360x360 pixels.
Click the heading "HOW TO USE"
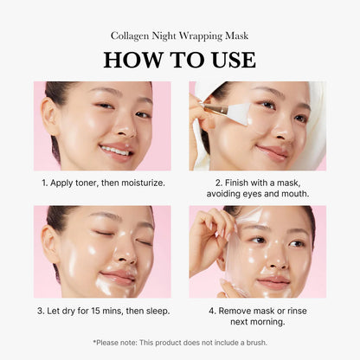(x=179, y=60)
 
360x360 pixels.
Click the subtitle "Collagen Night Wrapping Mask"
(x=179, y=35)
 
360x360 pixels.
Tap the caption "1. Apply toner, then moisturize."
(x=102, y=183)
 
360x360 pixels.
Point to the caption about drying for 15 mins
(x=102, y=310)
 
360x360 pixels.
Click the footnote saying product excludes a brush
(x=179, y=342)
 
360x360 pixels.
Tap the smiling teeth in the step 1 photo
(x=114, y=151)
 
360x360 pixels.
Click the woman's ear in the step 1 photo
(x=53, y=118)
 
